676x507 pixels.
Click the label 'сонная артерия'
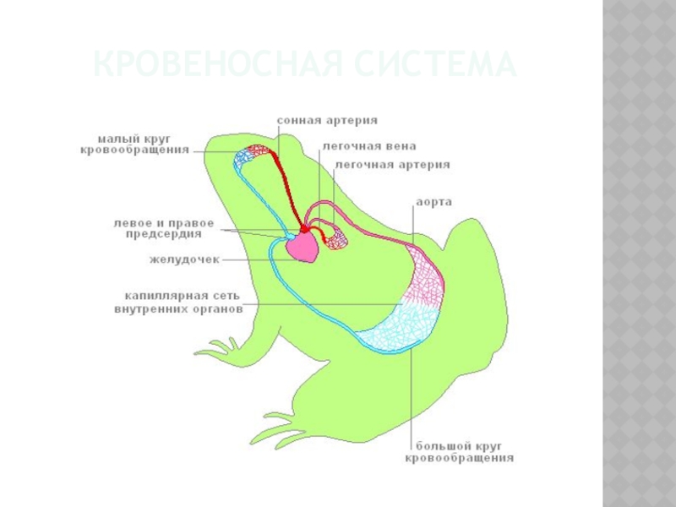click(x=326, y=121)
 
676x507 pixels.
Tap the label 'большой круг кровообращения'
click(x=463, y=451)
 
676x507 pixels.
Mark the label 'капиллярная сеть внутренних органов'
click(x=177, y=303)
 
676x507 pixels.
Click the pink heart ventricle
click(x=303, y=248)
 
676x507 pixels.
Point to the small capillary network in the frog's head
click(x=253, y=154)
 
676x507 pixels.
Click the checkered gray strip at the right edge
click(x=639, y=253)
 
